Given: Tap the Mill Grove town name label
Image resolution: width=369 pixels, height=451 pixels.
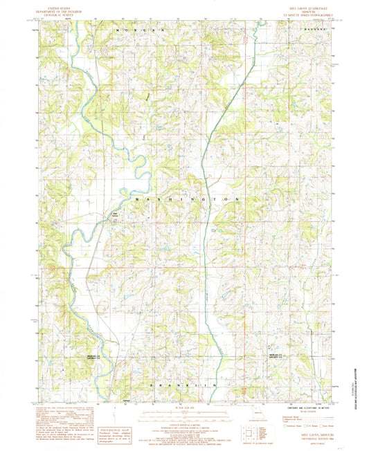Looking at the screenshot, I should (x=117, y=213).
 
